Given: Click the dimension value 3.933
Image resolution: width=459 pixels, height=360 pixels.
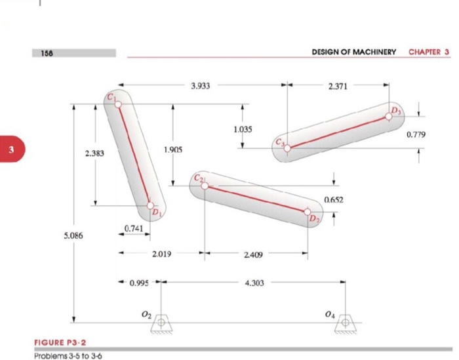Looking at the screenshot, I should [201, 86].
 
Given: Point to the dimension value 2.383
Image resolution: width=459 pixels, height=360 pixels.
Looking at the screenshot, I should [95, 154].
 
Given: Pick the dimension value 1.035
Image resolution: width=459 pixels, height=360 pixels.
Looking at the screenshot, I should [242, 129].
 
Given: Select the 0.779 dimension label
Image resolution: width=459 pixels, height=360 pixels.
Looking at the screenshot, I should [416, 134].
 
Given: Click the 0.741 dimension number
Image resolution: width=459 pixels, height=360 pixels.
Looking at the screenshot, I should [134, 228].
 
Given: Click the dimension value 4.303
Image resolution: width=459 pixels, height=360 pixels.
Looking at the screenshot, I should [254, 283].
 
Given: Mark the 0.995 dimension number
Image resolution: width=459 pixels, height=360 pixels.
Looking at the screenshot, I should [139, 283].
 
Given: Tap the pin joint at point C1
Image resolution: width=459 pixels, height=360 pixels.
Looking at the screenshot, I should [118, 100].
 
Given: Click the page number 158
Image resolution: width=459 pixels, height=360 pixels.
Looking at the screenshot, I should [47, 52].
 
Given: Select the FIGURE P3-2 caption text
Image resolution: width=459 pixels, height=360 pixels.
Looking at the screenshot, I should [60, 342].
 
